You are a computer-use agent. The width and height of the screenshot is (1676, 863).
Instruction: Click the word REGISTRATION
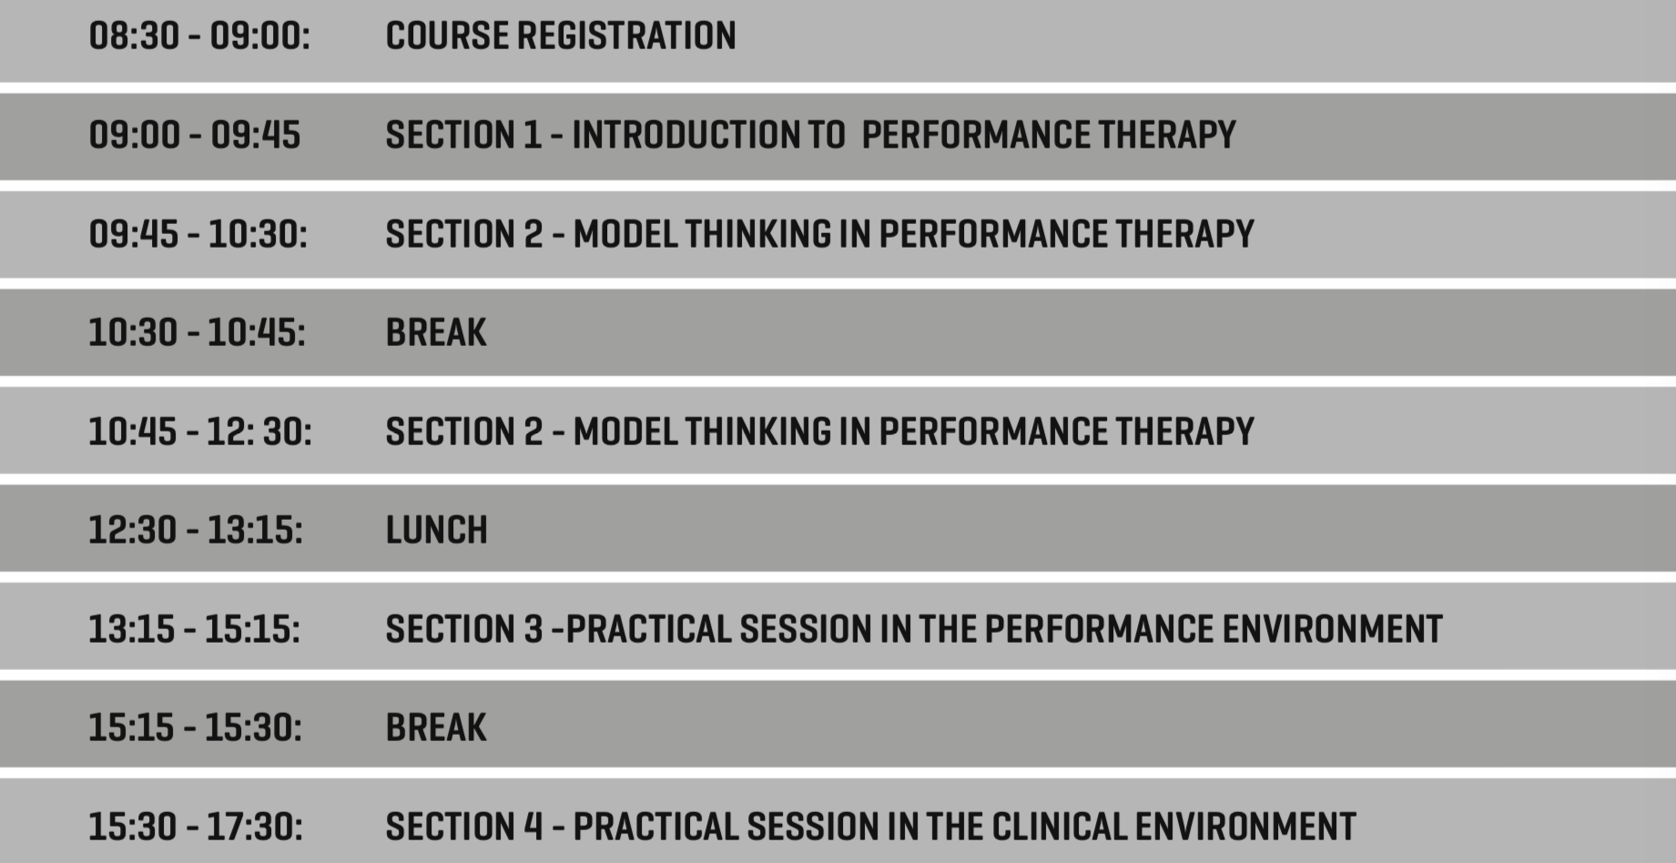pyautogui.click(x=626, y=36)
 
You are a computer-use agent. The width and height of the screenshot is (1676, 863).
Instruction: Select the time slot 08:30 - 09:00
pyautogui.click(x=199, y=36)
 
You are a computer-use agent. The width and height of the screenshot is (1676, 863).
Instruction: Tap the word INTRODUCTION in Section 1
pyautogui.click(x=685, y=135)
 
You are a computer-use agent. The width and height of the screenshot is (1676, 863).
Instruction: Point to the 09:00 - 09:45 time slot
pyautogui.click(x=194, y=135)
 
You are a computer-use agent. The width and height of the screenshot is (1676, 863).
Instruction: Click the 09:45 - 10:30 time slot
pyautogui.click(x=198, y=234)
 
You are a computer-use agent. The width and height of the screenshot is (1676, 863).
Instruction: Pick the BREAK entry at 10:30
pyautogui.click(x=436, y=332)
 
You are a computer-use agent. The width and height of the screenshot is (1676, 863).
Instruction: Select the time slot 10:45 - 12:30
pyautogui.click(x=199, y=431)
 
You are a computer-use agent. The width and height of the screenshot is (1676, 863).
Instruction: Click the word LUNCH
pyautogui.click(x=437, y=530)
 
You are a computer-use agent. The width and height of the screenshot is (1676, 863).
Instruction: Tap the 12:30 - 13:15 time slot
pyautogui.click(x=196, y=530)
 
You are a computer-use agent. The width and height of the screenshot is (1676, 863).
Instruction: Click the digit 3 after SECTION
pyautogui.click(x=533, y=629)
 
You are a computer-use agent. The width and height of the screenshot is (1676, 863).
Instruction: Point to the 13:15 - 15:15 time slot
pyautogui.click(x=194, y=629)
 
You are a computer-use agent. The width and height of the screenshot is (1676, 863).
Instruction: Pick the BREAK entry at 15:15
pyautogui.click(x=436, y=727)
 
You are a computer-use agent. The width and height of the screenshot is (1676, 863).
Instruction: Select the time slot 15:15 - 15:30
pyautogui.click(x=195, y=727)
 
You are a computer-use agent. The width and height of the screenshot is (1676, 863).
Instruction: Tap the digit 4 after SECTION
pyautogui.click(x=533, y=827)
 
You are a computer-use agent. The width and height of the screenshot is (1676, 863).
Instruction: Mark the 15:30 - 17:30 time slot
pyautogui.click(x=196, y=827)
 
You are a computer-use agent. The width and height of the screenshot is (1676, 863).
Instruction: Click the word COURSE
pyautogui.click(x=447, y=36)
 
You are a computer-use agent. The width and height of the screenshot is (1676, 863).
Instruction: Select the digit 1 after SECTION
pyautogui.click(x=532, y=135)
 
